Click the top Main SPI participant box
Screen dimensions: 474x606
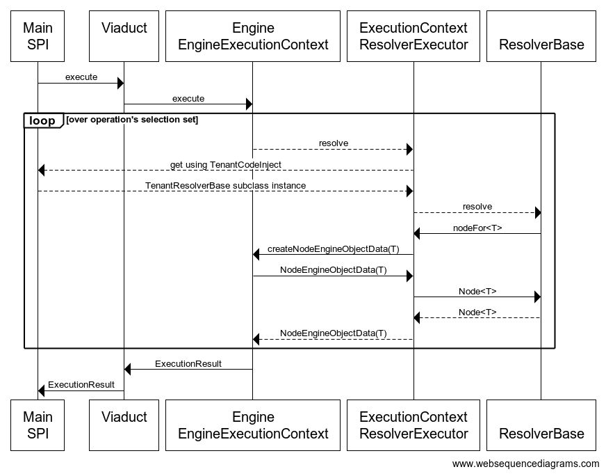38,36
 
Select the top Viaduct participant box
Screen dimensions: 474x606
124,36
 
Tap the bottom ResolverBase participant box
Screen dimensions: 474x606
541,425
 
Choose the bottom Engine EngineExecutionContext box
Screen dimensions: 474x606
253,425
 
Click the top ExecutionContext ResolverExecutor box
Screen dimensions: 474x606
413,36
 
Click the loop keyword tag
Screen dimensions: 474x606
42,121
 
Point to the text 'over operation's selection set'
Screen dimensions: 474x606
132,120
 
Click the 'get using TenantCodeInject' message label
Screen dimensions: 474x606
226,164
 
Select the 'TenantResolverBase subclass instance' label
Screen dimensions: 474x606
225,186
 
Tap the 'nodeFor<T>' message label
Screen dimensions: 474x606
477,228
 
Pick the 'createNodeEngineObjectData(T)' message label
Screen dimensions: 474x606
333,248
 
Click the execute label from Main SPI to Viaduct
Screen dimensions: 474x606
81,77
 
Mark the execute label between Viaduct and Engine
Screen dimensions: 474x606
188,99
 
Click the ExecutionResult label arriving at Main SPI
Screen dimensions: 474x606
81,384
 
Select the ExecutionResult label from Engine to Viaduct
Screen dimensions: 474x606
188,363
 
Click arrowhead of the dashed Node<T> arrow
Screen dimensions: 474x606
418,318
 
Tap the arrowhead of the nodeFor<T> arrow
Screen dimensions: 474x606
418,234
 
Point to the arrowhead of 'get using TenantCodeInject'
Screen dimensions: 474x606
42,171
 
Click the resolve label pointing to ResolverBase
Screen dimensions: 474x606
477,207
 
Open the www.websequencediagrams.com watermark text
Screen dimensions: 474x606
525,464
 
